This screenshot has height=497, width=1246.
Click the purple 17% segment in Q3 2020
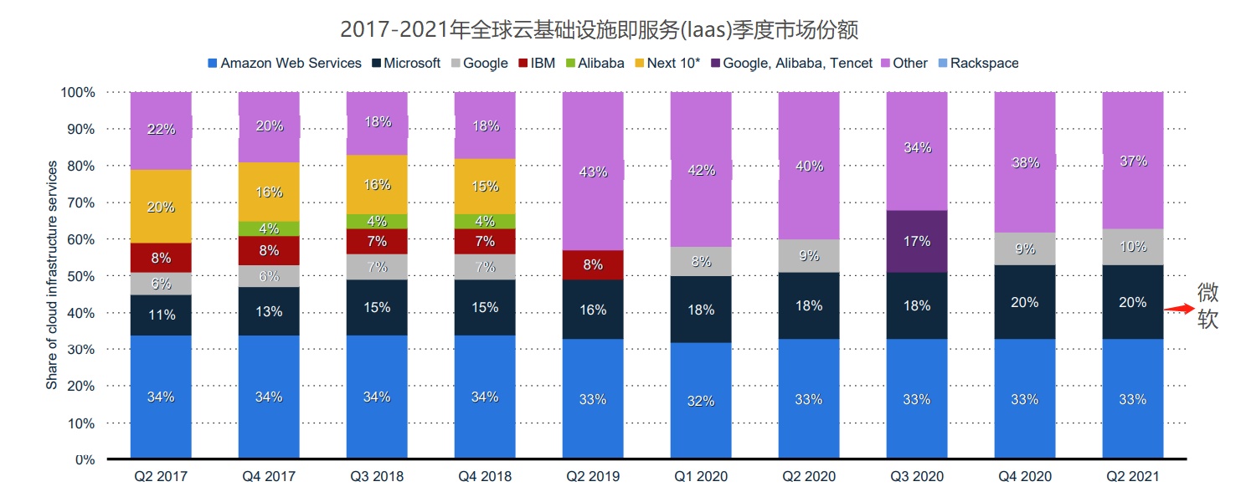tap(916, 241)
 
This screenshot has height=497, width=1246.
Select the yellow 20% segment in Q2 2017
tap(161, 207)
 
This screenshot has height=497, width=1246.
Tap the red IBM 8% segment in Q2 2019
tap(592, 264)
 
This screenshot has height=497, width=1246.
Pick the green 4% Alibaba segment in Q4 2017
tap(269, 228)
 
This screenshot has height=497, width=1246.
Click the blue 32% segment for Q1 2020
tap(701, 401)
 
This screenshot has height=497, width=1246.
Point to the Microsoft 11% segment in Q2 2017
tap(161, 315)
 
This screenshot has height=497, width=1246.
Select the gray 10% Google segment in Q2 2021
tap(1132, 247)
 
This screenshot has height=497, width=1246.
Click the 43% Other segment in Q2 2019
tap(592, 172)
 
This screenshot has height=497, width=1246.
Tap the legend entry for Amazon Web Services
tap(285, 63)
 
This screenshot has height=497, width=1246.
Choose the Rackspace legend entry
tap(977, 63)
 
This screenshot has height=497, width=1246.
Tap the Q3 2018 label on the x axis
tap(377, 477)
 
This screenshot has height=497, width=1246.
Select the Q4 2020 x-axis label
tap(1024, 477)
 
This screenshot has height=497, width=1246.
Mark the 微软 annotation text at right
tap(1207, 306)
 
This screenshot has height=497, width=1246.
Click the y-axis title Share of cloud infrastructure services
tap(52, 276)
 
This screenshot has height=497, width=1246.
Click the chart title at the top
tap(599, 30)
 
